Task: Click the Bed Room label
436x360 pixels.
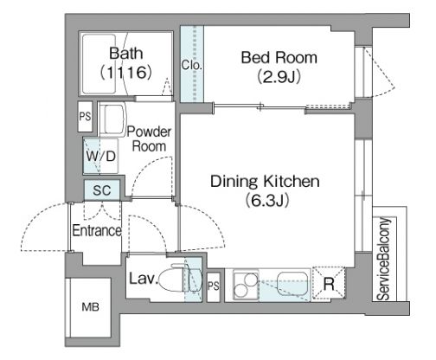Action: coord(279,58)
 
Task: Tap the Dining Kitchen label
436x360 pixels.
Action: coord(265,182)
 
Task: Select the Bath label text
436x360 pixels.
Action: coord(126,53)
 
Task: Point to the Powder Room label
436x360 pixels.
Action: coord(149,138)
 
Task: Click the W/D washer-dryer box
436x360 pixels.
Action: coord(100,156)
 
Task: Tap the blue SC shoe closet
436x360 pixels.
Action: coord(102,190)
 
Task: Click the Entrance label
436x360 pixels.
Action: coord(97,230)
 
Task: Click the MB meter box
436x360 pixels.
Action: coord(90,307)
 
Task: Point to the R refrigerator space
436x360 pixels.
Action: coord(329,283)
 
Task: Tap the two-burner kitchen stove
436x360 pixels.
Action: coord(246,285)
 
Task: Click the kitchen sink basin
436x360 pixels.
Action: coord(292,283)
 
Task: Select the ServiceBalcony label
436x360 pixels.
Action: coord(384,259)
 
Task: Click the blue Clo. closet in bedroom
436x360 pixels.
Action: coord(192,64)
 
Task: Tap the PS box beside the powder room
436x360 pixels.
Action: coord(85,117)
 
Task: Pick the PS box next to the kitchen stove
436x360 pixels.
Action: coord(214,286)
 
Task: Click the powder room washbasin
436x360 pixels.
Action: coord(113,119)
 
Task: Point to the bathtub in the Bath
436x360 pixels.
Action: coord(99,64)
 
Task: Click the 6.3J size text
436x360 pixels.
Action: coord(267,201)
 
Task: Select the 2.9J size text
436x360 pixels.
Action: coord(279,77)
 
